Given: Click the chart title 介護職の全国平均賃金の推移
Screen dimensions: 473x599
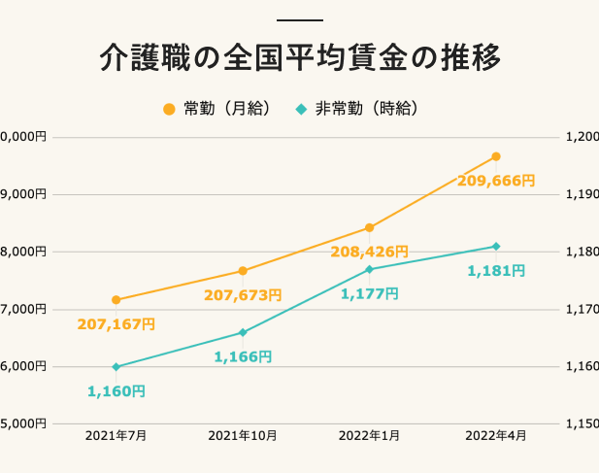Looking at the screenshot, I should point(300,58).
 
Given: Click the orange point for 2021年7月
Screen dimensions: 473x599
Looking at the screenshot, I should point(116,300).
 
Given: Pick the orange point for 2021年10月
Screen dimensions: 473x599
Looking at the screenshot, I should point(243,271).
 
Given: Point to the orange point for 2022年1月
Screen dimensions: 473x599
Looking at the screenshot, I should point(369,228).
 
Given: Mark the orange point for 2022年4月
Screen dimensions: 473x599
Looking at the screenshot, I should point(496,156).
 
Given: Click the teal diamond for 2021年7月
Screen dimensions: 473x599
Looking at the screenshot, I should point(116,367).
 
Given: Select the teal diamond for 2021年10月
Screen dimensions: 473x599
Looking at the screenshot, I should point(243,332).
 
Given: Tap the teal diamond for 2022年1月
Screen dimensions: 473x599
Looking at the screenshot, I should point(369,269).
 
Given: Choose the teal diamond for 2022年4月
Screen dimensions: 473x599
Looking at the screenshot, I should point(496,247).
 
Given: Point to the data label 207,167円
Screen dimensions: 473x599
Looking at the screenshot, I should point(116,323).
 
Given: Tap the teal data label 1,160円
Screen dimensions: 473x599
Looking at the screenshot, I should point(116,391).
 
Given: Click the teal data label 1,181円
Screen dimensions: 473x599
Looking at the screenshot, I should point(495,271).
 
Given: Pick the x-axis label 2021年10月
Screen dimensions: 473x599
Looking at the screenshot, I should point(243,437).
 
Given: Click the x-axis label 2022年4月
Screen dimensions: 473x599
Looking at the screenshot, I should point(496,437).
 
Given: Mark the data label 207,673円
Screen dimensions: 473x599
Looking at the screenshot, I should point(243,294).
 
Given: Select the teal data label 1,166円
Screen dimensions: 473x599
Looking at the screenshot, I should point(243,356).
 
